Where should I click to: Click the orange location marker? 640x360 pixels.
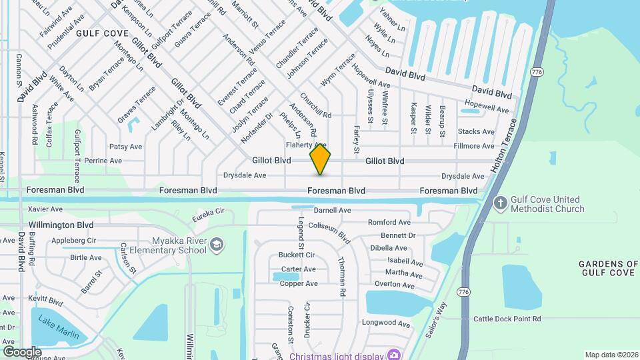[321, 159]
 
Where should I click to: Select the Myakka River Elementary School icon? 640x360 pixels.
[215, 245]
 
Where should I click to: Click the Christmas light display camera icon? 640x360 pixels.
[395, 353]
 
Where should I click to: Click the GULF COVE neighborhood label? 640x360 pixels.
[101, 32]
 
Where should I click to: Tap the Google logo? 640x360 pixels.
[22, 351]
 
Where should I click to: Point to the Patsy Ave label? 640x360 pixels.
[126, 147]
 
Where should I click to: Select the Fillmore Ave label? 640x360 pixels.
[474, 146]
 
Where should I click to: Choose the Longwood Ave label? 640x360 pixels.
[385, 323]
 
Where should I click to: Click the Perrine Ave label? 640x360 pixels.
[103, 161]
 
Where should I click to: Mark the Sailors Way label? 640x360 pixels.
[437, 319]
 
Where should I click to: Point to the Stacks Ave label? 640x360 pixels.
[476, 132]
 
